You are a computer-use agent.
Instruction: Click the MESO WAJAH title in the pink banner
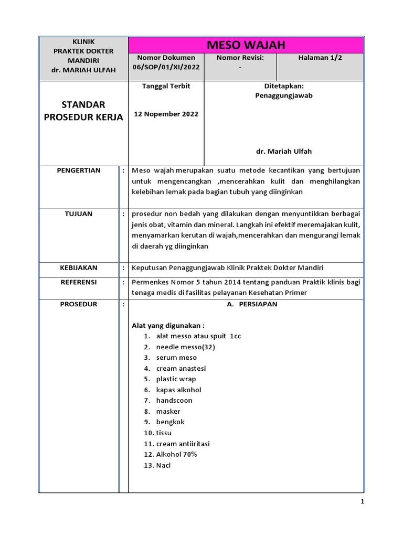click(x=246, y=45)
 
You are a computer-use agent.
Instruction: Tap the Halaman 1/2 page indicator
click(x=320, y=58)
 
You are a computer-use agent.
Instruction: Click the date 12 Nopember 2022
click(x=166, y=114)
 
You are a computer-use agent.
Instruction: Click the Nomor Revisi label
click(x=240, y=58)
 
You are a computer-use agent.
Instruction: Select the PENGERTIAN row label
click(x=79, y=170)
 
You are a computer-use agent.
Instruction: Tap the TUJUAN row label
click(x=79, y=214)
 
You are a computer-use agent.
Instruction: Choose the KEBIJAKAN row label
click(x=79, y=267)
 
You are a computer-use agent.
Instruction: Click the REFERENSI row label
click(x=79, y=282)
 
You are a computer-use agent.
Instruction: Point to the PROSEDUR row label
click(x=79, y=304)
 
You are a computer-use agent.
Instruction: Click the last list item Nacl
click(x=163, y=465)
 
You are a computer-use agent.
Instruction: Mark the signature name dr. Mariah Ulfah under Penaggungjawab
click(x=283, y=151)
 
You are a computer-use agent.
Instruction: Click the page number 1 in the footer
click(x=362, y=502)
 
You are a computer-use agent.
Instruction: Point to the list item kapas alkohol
click(x=178, y=390)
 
